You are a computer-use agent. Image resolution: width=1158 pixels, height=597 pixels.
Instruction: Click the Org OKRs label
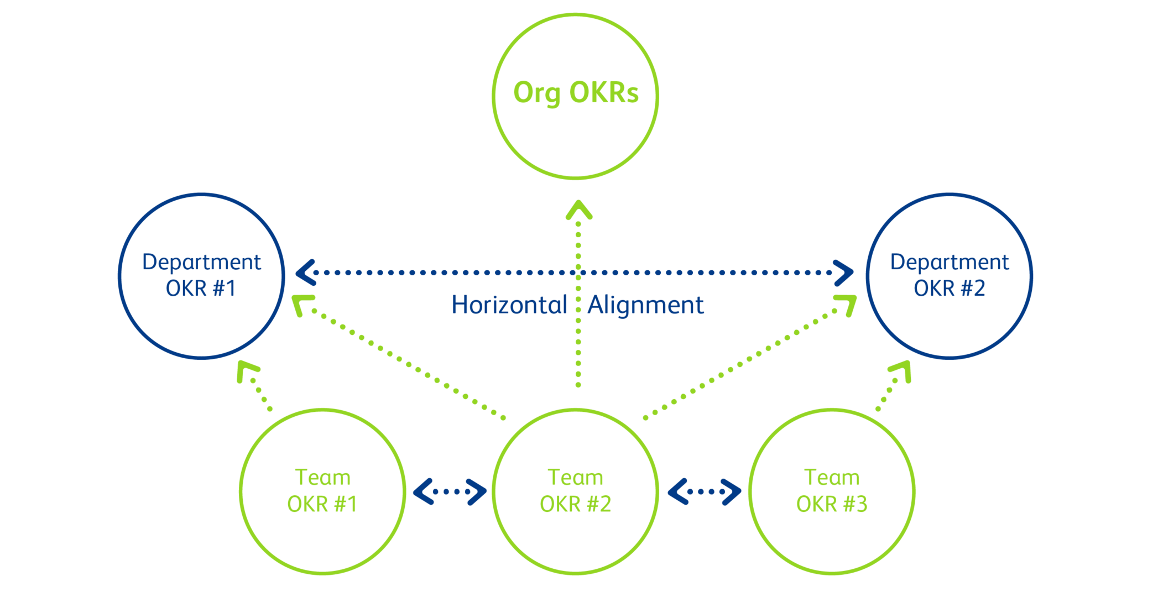576,92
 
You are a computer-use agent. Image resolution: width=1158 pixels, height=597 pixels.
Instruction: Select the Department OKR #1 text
201,275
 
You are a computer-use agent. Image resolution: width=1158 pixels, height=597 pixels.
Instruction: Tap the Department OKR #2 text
950,275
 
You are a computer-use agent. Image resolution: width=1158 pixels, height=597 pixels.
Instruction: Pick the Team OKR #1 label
322,490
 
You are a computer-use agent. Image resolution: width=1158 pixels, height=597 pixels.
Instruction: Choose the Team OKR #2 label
575,490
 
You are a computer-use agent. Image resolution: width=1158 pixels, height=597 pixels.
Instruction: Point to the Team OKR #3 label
832,490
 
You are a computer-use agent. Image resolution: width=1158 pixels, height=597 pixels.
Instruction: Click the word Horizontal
509,305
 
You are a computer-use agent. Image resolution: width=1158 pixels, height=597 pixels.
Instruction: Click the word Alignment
646,306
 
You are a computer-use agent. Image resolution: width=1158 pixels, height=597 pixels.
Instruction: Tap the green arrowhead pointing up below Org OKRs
578,210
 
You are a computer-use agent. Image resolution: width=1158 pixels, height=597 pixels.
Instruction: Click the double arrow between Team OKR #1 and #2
450,491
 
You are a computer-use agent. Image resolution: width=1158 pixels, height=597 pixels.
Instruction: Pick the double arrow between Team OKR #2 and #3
705,491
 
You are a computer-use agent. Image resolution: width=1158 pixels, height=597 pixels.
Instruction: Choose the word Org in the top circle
536,93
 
